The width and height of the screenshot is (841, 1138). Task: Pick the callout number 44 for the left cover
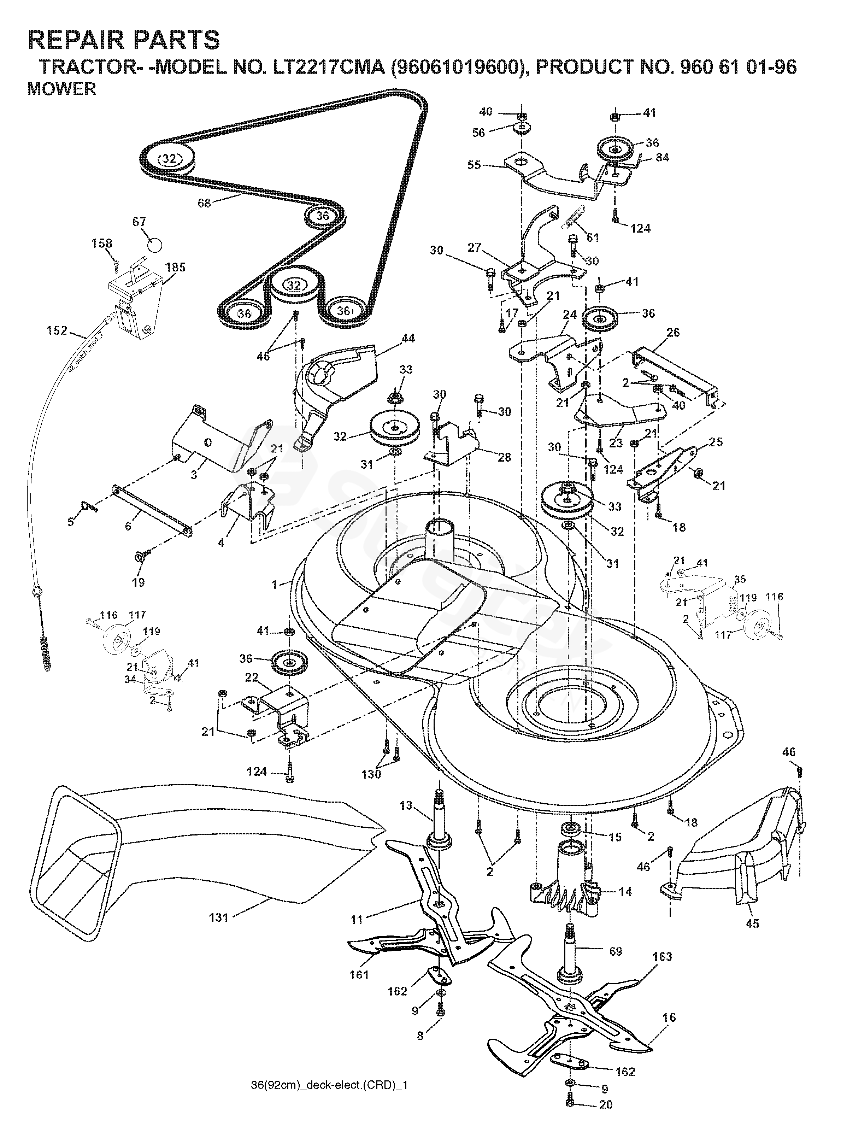tap(408, 338)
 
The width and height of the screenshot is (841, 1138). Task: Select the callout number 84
tap(662, 157)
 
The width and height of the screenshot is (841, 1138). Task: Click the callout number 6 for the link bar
tap(128, 526)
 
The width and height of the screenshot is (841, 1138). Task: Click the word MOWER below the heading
tap(61, 89)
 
